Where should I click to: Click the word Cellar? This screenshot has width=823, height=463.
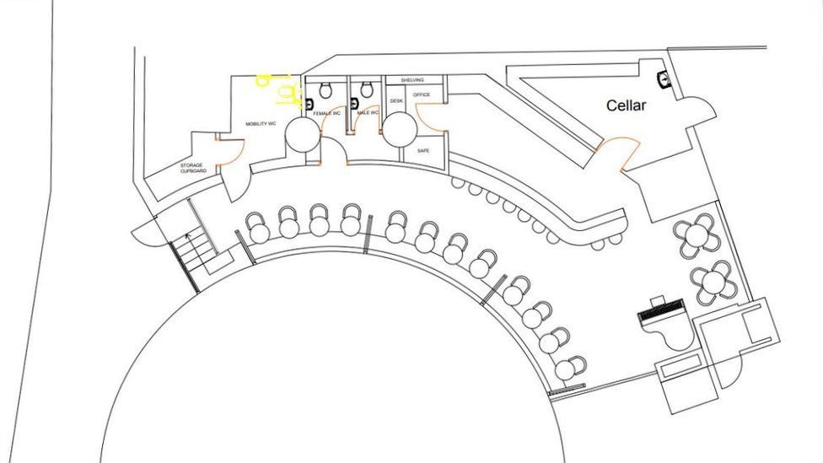click(627, 105)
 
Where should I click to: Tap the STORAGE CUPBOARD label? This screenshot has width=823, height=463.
click(193, 168)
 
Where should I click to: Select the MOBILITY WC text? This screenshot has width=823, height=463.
click(261, 124)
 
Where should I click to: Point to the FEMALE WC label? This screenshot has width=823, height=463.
click(326, 113)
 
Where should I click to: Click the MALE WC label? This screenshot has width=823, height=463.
click(368, 112)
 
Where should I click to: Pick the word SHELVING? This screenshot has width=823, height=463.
click(412, 79)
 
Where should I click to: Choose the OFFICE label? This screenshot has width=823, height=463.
click(422, 94)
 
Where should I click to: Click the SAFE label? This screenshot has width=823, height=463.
click(423, 150)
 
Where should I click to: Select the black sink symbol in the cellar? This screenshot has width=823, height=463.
click(664, 79)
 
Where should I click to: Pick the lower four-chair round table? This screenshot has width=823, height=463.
click(714, 281)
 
